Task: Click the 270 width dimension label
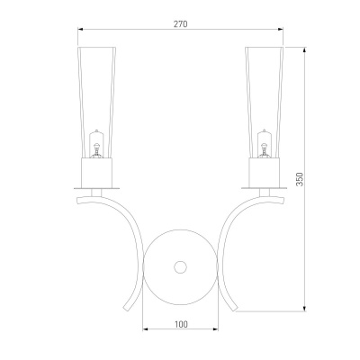click(181, 24)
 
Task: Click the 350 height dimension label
click(300, 179)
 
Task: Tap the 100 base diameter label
click(181, 324)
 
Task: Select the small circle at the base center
click(180, 267)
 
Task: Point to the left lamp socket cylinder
click(96, 173)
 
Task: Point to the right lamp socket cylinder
click(265, 173)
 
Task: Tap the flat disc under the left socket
click(96, 188)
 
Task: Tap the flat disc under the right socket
click(265, 188)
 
